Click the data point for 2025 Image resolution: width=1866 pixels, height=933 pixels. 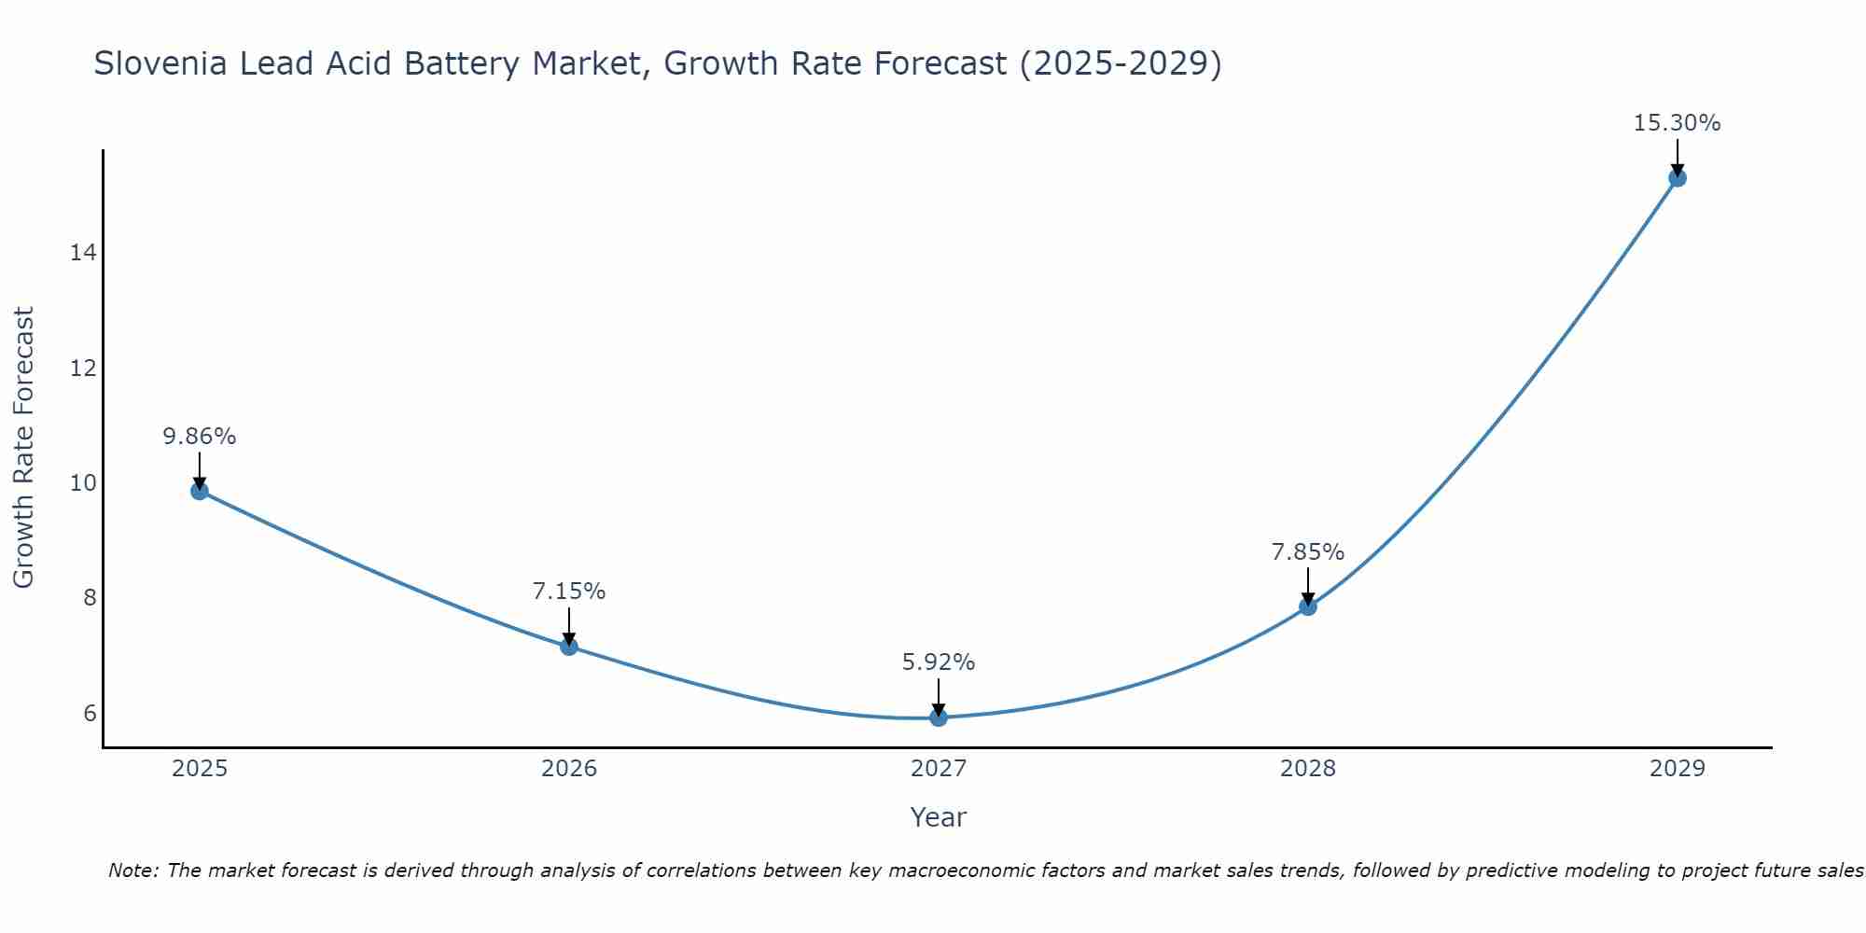tap(200, 491)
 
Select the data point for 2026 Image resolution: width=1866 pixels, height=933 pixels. tap(569, 647)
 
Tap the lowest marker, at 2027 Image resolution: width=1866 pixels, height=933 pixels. tap(939, 717)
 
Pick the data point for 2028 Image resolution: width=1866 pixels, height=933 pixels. tap(1308, 606)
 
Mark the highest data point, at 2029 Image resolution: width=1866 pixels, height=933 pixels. tap(1678, 178)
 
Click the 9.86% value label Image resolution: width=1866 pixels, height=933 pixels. tap(200, 437)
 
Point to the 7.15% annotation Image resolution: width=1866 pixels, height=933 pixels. tap(569, 592)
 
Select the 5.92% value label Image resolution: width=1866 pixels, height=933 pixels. tap(939, 662)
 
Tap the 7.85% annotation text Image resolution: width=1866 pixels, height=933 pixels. tap(1308, 552)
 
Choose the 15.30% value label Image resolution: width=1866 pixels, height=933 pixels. tap(1677, 123)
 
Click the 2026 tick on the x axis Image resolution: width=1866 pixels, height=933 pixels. tap(569, 769)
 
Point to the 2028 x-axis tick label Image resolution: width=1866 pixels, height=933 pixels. tap(1308, 769)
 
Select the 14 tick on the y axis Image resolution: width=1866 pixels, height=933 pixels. tap(83, 253)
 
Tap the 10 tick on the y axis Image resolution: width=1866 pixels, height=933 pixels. tap(83, 483)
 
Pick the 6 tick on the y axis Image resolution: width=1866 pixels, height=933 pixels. tap(90, 714)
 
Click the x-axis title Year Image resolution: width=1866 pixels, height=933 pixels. tap(939, 817)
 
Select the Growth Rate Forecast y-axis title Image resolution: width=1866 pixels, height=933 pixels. tap(23, 447)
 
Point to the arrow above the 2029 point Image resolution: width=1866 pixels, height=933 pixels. tap(1678, 156)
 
